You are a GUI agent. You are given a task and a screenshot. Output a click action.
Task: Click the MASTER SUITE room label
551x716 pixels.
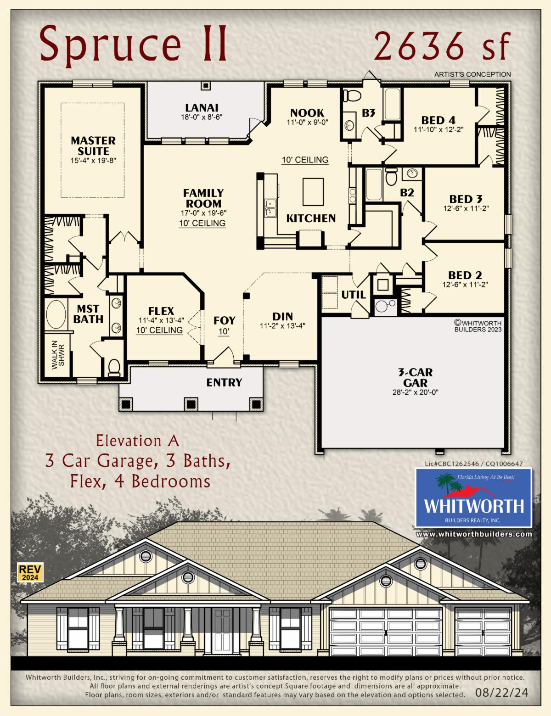coord(93,145)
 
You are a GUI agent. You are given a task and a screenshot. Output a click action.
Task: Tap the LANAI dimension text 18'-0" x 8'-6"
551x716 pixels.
coord(202,117)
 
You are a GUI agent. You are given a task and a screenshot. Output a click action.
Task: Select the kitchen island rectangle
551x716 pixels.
coord(313,192)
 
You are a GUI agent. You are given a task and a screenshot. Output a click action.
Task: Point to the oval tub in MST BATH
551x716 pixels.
coord(56,314)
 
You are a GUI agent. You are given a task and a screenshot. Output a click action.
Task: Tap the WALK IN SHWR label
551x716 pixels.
coord(58,354)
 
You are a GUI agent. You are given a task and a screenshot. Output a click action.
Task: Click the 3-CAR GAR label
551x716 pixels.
coord(415,378)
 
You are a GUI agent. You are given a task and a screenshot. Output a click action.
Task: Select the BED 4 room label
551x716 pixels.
coord(439,120)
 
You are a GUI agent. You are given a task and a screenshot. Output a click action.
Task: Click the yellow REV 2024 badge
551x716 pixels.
coord(30,573)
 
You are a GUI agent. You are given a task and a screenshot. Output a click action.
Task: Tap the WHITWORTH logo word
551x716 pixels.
coord(474,506)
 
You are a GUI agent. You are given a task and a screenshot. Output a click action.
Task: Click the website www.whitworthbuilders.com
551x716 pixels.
coord(474,534)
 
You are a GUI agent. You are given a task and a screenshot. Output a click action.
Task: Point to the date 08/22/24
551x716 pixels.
coord(501,693)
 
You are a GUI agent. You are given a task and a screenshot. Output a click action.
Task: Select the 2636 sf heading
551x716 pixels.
coord(442,46)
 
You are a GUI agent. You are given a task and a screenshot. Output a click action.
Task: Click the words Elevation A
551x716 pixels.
coord(137,441)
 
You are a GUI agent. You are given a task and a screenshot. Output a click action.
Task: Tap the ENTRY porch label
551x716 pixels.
coord(224,382)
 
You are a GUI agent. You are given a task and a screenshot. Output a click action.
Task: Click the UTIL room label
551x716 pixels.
coord(354,295)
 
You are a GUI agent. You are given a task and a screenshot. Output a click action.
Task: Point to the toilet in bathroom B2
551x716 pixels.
coord(392,176)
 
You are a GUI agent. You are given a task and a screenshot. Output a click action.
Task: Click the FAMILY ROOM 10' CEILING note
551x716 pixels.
coord(202,223)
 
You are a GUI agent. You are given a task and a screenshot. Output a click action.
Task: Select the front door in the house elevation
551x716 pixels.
coord(222,631)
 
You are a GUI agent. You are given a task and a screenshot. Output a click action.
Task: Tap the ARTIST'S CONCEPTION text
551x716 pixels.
coord(472,74)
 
